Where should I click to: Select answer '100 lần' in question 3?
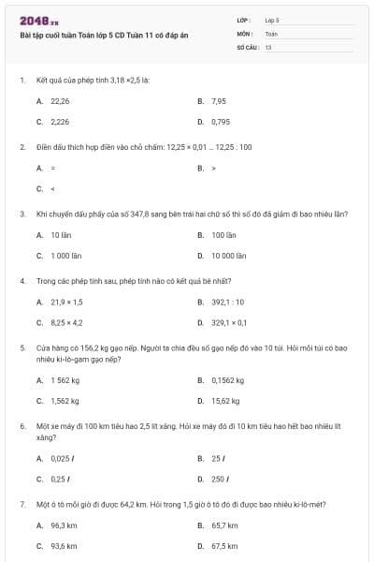223,234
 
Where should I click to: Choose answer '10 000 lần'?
228,255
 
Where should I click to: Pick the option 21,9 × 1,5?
66,302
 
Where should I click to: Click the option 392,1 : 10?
227,302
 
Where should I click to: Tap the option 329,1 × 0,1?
229,322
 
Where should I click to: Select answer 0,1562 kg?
227,379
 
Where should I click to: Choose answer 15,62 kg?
224,400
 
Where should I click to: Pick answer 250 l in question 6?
221,479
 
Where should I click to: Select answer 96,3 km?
64,525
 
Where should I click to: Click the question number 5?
22,347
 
